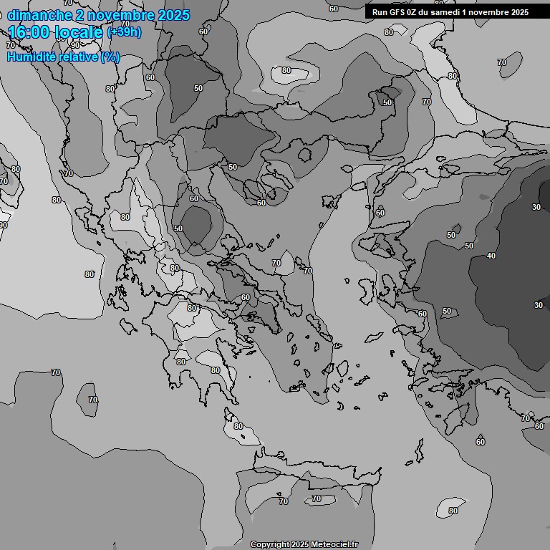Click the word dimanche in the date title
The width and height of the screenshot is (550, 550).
39,15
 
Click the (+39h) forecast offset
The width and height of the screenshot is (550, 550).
125,33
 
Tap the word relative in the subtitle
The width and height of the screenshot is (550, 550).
74,57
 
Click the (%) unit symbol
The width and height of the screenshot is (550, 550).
110,57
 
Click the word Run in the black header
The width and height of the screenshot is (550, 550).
380,12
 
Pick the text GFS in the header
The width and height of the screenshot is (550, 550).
397,12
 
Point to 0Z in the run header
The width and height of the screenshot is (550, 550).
414,12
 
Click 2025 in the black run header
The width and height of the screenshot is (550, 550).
520,12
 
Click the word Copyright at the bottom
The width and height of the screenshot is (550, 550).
270,545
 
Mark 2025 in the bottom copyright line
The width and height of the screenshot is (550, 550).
301,545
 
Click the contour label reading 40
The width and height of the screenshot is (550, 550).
491,256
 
